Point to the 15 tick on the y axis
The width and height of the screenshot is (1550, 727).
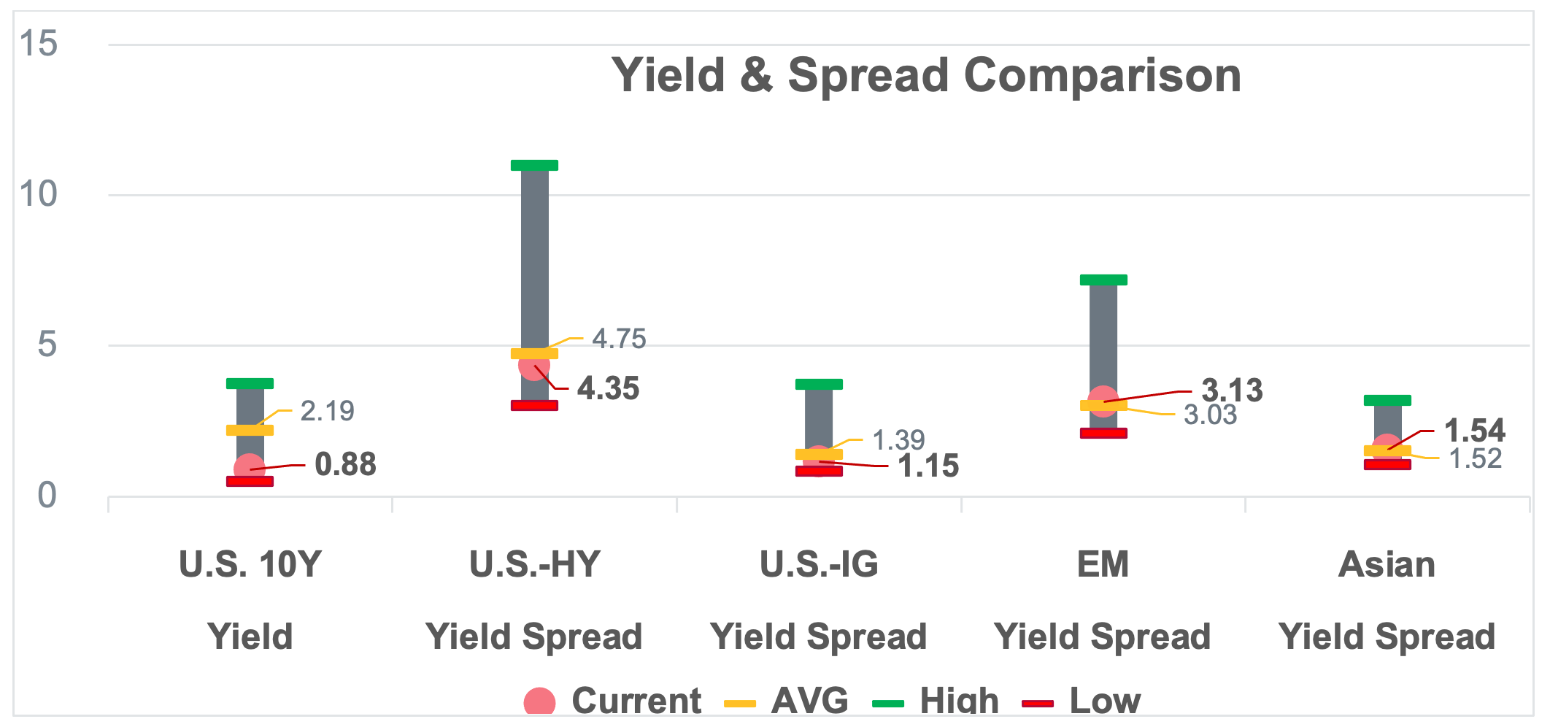[39, 43]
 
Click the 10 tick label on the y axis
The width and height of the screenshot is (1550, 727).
[39, 194]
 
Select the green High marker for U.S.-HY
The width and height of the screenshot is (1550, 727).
[534, 165]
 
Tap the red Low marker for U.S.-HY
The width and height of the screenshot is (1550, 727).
[534, 405]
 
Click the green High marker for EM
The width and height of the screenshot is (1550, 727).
[1103, 280]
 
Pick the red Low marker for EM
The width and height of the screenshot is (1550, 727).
[1103, 433]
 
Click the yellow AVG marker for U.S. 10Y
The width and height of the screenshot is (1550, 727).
[250, 430]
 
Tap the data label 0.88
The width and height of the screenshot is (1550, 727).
[345, 464]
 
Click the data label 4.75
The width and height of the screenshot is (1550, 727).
[619, 339]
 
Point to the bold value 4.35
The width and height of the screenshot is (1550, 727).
[608, 388]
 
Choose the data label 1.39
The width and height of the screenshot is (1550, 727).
[898, 440]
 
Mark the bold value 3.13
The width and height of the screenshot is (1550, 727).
[1232, 391]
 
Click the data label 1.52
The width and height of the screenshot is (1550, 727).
[1475, 458]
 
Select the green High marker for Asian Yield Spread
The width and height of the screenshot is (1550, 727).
[1387, 400]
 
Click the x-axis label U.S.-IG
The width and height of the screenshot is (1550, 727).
[819, 564]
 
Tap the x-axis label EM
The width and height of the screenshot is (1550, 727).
[1103, 564]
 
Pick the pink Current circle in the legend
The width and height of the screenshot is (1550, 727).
[539, 702]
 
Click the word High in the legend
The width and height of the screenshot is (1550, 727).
[959, 701]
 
